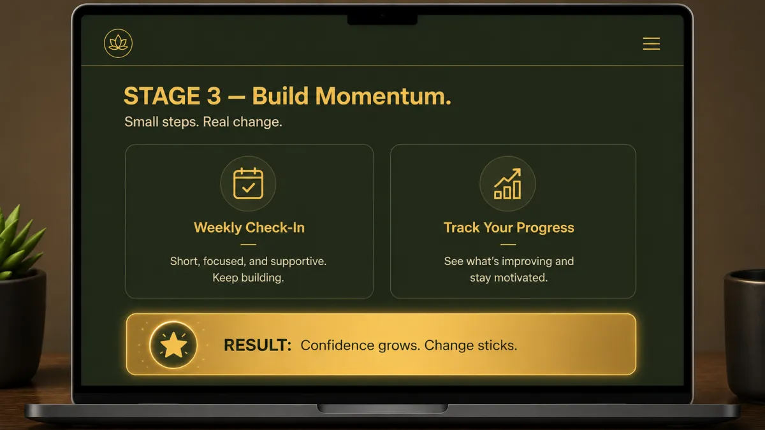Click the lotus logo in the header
[118, 43]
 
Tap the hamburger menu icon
[652, 44]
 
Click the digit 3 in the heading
[214, 96]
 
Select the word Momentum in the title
[383, 96]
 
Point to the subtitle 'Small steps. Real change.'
[203, 122]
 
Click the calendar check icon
[248, 183]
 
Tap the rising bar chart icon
[507, 183]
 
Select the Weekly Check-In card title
[249, 227]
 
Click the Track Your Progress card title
[509, 227]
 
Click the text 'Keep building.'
[248, 278]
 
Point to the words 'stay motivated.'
[509, 278]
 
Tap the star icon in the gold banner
[173, 345]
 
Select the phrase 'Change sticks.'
[470, 345]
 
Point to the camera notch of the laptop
[382, 19]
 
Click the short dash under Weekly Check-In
[248, 245]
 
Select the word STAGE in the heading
[162, 96]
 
